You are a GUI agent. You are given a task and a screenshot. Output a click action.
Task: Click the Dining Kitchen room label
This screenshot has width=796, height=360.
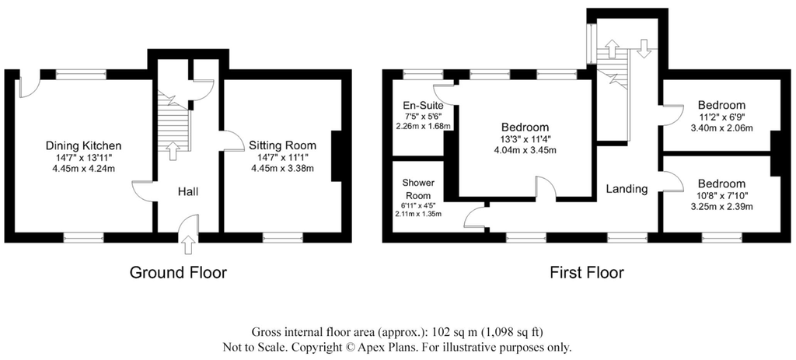83,145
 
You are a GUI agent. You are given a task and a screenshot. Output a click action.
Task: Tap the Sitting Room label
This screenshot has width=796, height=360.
282,145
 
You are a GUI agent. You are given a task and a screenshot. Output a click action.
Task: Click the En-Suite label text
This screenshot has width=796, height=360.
423,105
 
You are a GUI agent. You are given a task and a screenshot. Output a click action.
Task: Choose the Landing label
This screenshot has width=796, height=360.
627,188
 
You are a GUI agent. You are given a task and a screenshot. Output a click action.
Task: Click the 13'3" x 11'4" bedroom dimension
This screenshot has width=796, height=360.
525,139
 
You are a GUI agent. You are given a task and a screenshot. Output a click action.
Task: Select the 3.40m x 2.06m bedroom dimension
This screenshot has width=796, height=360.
721,128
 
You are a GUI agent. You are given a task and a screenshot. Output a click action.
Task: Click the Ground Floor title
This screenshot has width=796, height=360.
178,272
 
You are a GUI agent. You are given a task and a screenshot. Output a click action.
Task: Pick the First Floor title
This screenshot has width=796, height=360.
586,272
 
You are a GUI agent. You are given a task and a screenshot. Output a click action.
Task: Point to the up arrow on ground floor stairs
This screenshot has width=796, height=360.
172,150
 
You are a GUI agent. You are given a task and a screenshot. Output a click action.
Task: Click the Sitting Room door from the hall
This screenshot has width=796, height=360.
230,140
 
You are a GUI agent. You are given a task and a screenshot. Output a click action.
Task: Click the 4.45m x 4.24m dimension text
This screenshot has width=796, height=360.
83,169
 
